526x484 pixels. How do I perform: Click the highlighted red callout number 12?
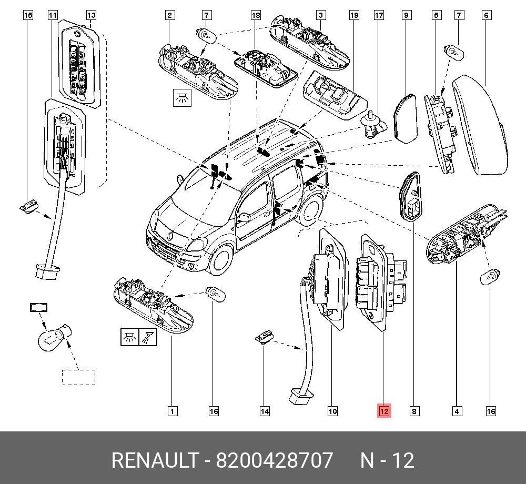pyautogui.click(x=384, y=411)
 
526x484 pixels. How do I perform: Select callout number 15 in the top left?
pyautogui.click(x=28, y=15)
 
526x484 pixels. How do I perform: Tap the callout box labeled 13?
pyautogui.click(x=91, y=15)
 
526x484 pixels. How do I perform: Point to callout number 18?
pyautogui.click(x=256, y=15)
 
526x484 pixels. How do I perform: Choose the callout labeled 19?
pyautogui.click(x=354, y=15)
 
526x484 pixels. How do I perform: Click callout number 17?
pyautogui.click(x=379, y=15)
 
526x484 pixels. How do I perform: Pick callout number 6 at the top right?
pyautogui.click(x=487, y=15)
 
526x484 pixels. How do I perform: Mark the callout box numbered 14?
pyautogui.click(x=265, y=411)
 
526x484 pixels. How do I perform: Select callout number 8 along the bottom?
pyautogui.click(x=414, y=411)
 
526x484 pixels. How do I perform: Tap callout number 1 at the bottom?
pyautogui.click(x=171, y=411)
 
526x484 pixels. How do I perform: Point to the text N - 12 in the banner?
pyautogui.click(x=387, y=461)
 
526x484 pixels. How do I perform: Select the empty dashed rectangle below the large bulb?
pyautogui.click(x=79, y=377)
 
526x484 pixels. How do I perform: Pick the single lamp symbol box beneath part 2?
pyautogui.click(x=183, y=98)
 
